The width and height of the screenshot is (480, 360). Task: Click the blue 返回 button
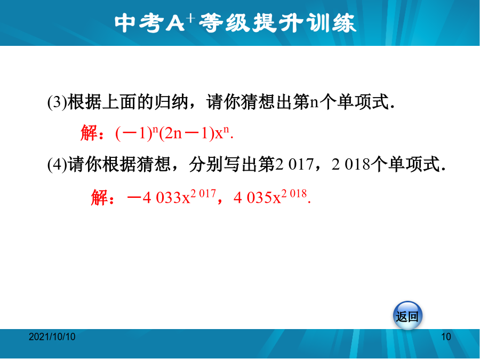point(407,316)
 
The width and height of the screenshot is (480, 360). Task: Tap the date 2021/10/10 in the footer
point(52,337)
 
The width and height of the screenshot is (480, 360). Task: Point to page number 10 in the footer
point(446,337)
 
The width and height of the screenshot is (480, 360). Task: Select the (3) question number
point(57,102)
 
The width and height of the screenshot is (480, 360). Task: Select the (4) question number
point(57,164)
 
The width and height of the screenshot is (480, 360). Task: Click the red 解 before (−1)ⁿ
point(89,133)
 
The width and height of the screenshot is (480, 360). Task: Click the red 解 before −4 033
point(100,197)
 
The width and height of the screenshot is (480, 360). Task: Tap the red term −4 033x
point(158,198)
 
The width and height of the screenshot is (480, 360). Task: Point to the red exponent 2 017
point(203,194)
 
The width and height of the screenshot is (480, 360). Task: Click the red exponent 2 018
point(294,194)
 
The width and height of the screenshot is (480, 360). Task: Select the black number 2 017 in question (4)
point(294,164)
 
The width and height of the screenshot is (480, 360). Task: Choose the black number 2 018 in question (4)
point(351,164)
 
